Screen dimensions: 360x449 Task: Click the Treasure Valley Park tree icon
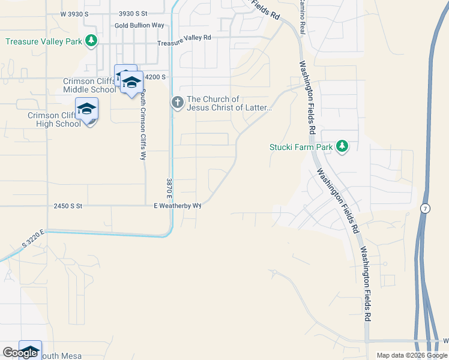point(91,41)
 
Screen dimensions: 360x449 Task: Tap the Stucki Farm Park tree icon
point(342,146)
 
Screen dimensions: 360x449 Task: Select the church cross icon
point(178,103)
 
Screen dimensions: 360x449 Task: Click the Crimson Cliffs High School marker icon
point(86,110)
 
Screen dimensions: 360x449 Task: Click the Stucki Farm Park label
point(301,146)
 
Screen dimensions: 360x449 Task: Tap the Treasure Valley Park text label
point(43,41)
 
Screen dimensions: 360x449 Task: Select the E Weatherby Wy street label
point(177,205)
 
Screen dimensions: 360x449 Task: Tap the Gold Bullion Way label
point(139,26)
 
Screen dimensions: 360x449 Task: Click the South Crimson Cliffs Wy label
point(143,125)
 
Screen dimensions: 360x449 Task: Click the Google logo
point(20,353)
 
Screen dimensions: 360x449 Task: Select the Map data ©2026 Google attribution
point(412,355)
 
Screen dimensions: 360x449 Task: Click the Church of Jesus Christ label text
point(229,104)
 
